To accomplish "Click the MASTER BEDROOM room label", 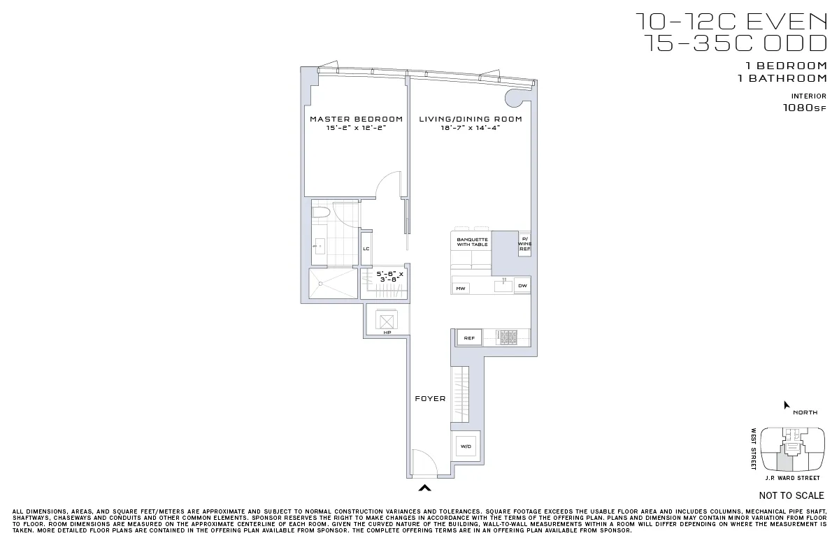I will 356,119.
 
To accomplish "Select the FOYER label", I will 430,399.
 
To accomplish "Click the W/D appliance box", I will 466,446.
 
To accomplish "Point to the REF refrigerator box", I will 469,338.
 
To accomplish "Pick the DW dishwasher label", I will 522,286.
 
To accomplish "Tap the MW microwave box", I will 461,288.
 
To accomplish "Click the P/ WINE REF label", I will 524,244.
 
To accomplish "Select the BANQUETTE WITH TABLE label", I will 472,242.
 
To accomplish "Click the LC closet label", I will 366,249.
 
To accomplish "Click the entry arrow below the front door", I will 424,488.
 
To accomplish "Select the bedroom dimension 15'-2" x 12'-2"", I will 356,129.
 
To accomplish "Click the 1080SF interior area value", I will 804,108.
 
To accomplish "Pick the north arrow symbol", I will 787,405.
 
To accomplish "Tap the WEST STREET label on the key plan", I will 754,449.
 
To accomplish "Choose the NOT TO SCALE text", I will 791,495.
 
